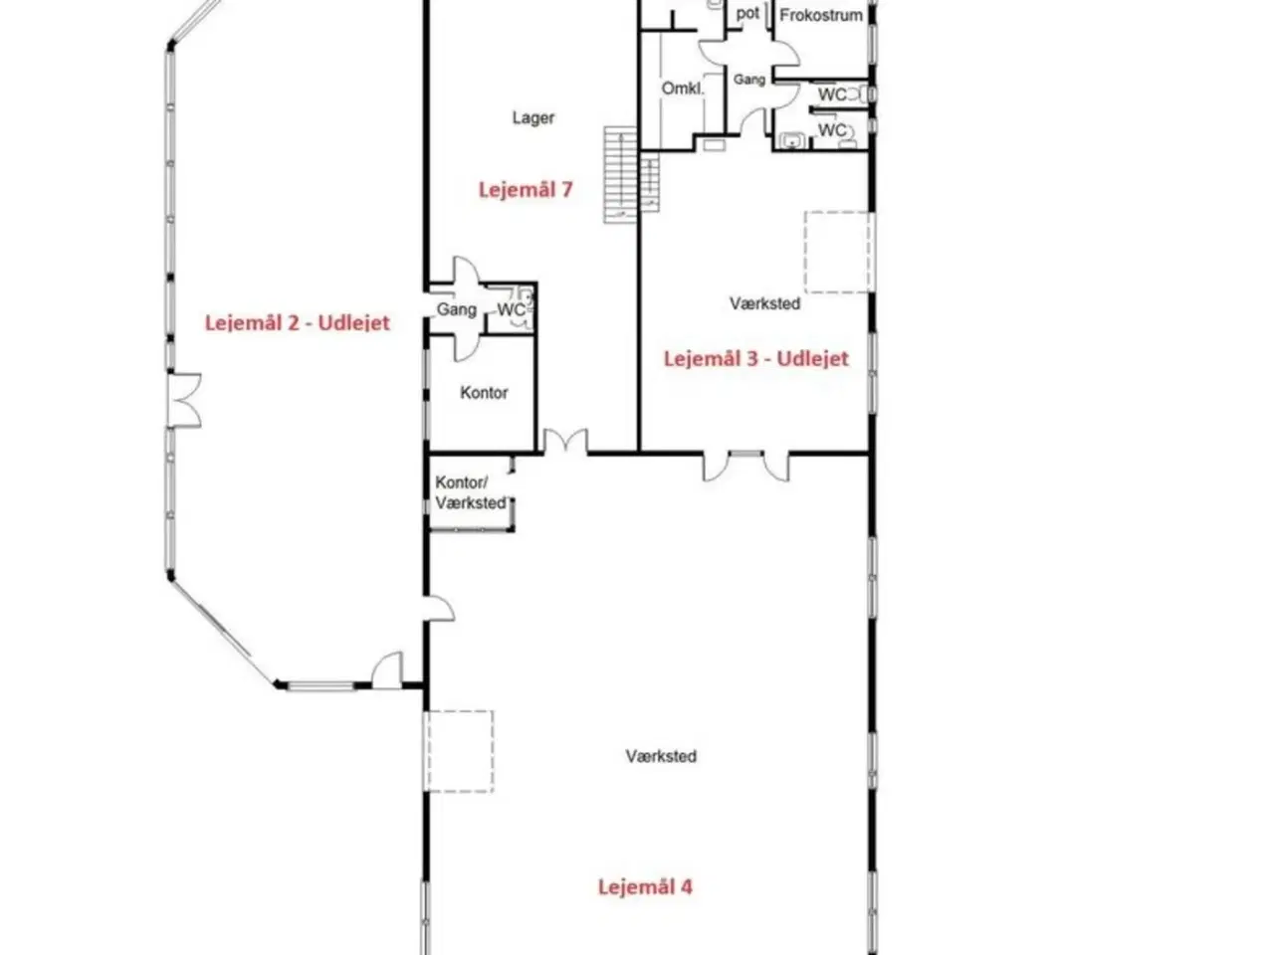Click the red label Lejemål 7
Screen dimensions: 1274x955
coord(526,190)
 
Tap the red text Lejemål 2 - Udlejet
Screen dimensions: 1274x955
coord(298,322)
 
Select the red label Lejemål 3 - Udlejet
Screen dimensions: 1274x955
coord(755,358)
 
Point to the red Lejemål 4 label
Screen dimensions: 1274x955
coord(645,886)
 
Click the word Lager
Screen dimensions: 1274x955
coord(532,117)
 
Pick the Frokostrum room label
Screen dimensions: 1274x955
coord(821,16)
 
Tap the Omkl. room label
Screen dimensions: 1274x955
coord(683,89)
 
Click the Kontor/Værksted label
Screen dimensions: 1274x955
coord(471,492)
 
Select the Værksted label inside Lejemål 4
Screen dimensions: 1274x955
coord(661,756)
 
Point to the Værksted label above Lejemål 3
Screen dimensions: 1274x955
coord(765,303)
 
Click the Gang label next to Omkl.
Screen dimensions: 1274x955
coord(749,80)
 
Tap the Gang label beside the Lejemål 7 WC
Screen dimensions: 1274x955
coord(456,309)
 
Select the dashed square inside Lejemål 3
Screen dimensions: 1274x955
coord(838,252)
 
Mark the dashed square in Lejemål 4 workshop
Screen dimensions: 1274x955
coord(460,751)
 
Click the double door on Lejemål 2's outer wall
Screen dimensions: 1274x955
coord(184,401)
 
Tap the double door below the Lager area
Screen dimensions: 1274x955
coord(565,441)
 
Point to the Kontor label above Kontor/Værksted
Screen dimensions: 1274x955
coord(484,393)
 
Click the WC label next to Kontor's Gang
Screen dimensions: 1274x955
coord(511,309)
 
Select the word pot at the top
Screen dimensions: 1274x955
coord(747,13)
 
